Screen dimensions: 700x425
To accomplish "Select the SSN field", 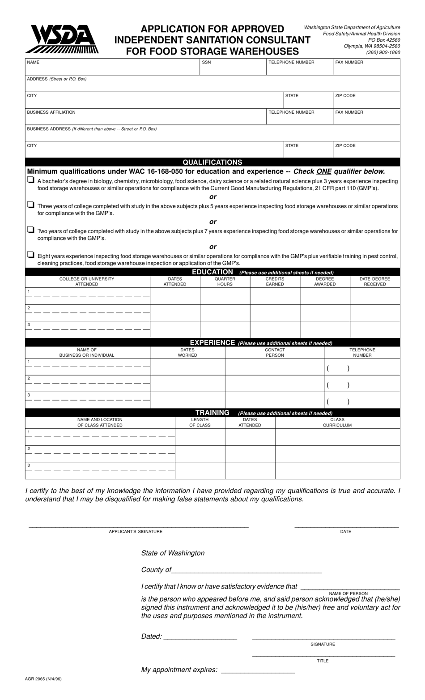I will click(x=233, y=67).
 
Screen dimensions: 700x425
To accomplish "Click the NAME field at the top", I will click(x=112, y=67).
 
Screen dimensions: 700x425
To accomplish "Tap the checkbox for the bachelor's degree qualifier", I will click(x=30, y=180).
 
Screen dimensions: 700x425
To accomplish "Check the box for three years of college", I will click(x=30, y=205).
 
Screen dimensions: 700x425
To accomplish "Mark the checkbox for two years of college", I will click(x=30, y=230).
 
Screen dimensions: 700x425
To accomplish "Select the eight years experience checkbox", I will click(x=30, y=255).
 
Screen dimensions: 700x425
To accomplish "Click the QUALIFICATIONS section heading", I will click(x=212, y=162).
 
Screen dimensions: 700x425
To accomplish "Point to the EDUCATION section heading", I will click(x=212, y=272).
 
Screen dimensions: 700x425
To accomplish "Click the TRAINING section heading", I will click(x=212, y=413).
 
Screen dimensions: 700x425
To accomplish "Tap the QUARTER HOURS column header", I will click(x=225, y=282).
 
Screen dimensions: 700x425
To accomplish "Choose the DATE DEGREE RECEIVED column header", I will click(x=374, y=282).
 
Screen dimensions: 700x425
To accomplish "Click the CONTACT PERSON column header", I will click(x=275, y=352).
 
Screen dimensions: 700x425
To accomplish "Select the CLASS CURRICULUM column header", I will click(x=337, y=423).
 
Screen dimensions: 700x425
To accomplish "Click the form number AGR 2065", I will click(x=43, y=679).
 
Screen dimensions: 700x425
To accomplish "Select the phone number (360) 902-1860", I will click(x=383, y=52).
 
